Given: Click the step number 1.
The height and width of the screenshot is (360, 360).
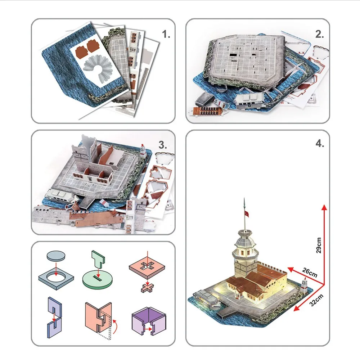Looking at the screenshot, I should pos(166,35).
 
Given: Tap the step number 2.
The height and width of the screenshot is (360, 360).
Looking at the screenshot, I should pos(319,35).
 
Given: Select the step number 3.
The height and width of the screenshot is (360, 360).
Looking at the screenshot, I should pos(163,145).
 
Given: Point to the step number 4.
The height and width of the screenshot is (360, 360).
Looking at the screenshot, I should pos(320,143).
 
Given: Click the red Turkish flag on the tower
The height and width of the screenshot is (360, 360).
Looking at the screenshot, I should pos(247,214).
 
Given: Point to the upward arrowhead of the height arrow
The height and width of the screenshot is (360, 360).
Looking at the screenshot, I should pos(324,207).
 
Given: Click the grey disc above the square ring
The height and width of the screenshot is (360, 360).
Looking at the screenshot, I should pos(57,257).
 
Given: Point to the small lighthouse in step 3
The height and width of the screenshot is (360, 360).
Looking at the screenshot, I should pos(143,151).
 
